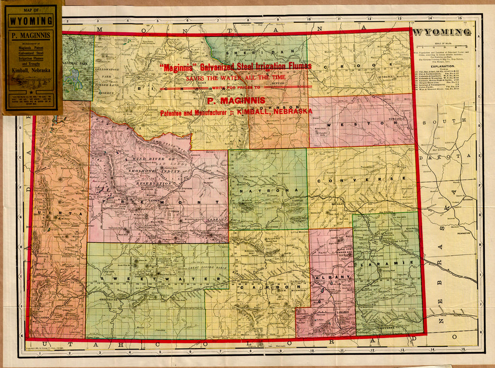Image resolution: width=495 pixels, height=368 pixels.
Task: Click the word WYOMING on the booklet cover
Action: coord(31,21)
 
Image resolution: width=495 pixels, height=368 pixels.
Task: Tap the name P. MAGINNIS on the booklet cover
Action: coord(31,35)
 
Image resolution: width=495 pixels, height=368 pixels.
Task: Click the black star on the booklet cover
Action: coord(31,90)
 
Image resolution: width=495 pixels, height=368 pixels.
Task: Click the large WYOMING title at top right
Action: coord(443,32)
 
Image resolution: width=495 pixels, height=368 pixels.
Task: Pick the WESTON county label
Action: coord(361,123)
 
